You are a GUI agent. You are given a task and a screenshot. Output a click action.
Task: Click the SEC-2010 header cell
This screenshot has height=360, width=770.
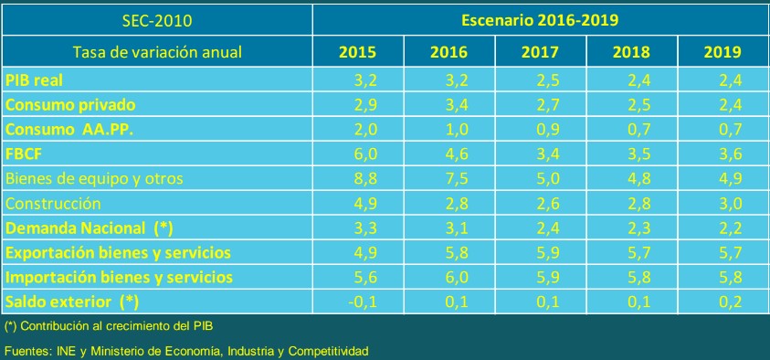(x=156, y=21)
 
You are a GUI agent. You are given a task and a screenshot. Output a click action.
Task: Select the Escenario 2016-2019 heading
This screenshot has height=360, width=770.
(x=539, y=20)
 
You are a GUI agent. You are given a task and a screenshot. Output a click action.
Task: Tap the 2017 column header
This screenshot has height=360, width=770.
(x=540, y=52)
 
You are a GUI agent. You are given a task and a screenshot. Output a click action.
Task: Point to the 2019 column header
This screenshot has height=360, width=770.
(x=723, y=52)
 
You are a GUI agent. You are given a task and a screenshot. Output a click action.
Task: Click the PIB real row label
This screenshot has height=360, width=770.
(x=34, y=80)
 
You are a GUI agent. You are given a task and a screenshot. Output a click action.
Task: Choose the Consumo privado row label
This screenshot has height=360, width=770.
(x=69, y=104)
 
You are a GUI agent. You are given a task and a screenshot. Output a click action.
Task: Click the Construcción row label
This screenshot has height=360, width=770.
(x=53, y=204)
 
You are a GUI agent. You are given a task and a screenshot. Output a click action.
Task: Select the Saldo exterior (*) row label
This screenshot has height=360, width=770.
(x=71, y=302)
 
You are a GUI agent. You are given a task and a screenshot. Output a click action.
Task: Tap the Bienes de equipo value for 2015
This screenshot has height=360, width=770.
(x=364, y=179)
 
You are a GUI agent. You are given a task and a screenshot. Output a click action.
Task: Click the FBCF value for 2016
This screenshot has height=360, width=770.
(x=456, y=154)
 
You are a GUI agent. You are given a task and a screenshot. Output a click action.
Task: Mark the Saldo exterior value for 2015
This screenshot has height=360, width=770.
(x=363, y=302)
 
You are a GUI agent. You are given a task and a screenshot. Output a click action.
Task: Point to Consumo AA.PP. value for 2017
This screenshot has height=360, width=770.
(x=547, y=130)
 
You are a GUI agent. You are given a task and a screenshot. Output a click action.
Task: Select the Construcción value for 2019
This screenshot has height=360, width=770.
(x=730, y=204)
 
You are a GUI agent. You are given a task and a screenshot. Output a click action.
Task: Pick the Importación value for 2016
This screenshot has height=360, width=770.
(x=456, y=278)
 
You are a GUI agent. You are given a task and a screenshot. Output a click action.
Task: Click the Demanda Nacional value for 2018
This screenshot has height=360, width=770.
(x=638, y=228)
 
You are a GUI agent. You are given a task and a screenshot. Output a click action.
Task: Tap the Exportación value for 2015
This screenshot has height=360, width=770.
(x=364, y=252)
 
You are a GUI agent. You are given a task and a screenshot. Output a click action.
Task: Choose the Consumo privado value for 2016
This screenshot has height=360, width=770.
(x=456, y=104)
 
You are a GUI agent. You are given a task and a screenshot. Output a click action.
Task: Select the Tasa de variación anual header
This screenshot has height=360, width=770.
(x=157, y=52)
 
